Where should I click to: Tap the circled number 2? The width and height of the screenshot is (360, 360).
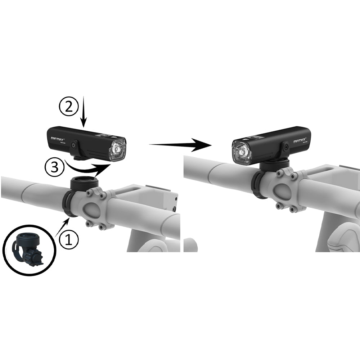pyautogui.click(x=68, y=107)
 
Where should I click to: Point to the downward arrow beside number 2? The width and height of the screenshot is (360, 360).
pyautogui.click(x=84, y=112)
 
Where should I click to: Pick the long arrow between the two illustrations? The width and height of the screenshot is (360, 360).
pyautogui.click(x=180, y=145)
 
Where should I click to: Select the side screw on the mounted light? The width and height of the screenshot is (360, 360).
pyautogui.click(x=285, y=147)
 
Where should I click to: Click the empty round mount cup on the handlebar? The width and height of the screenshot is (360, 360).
pyautogui.click(x=84, y=181)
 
